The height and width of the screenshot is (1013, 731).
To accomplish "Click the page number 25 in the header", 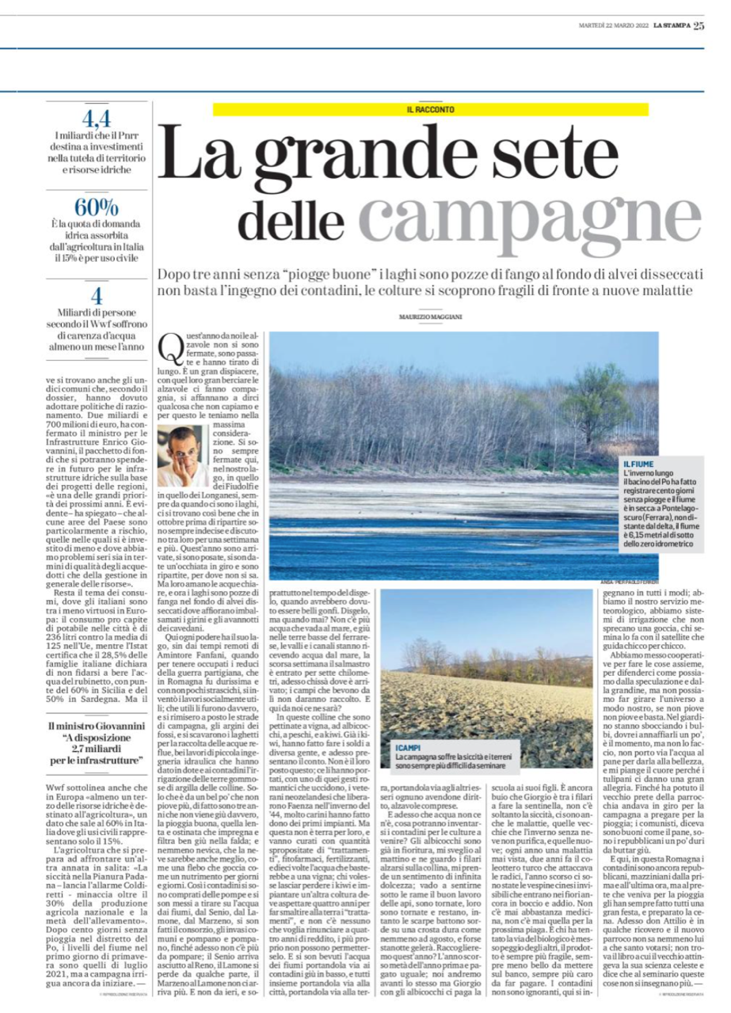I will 699,25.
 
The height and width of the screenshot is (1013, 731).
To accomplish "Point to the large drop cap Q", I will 170,348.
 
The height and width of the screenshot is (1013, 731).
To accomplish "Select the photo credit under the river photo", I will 629,584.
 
